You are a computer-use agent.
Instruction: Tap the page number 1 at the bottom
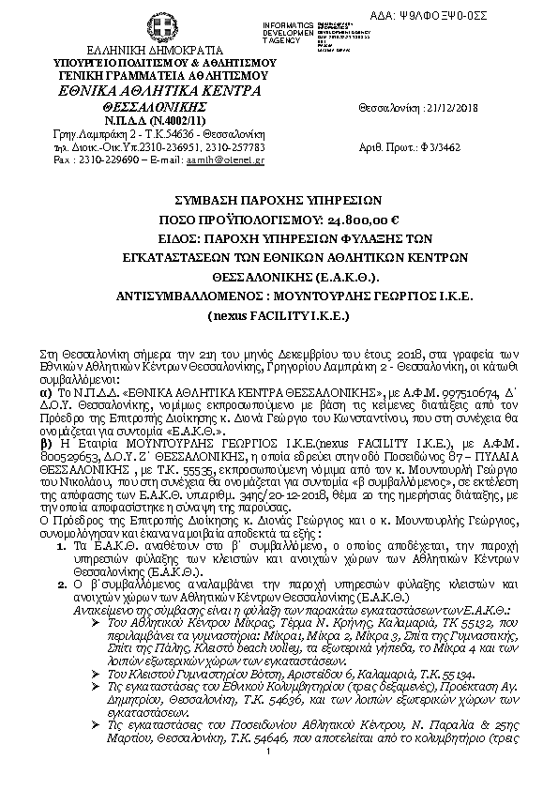click(x=268, y=777)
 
